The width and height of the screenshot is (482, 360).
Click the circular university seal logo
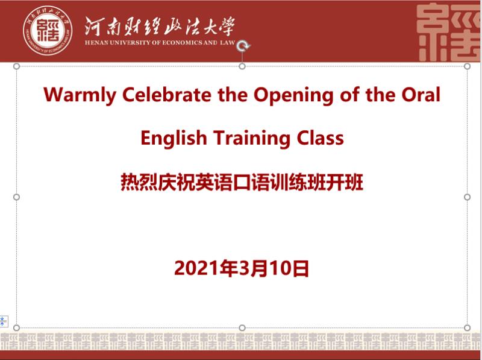click(48, 31)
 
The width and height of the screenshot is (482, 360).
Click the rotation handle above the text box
click(243, 46)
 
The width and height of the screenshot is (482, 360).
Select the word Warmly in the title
click(80, 95)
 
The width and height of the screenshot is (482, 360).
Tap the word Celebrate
click(167, 94)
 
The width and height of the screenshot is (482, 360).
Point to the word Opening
click(293, 95)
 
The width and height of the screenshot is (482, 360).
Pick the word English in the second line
click(174, 138)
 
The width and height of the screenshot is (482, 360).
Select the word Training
click(252, 138)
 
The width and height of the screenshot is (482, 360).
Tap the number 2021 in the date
click(198, 268)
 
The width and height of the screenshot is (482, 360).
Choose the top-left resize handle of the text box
click(17, 66)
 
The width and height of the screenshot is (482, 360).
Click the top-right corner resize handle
click(468, 66)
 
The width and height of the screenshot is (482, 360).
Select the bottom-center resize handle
click(242, 327)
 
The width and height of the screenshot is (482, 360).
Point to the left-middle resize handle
click(17, 197)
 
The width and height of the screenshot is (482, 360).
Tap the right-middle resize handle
click(468, 197)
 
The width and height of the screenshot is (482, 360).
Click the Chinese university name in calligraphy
click(160, 27)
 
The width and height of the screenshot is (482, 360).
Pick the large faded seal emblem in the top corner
click(449, 32)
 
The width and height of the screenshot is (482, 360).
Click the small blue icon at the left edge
click(3, 321)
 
